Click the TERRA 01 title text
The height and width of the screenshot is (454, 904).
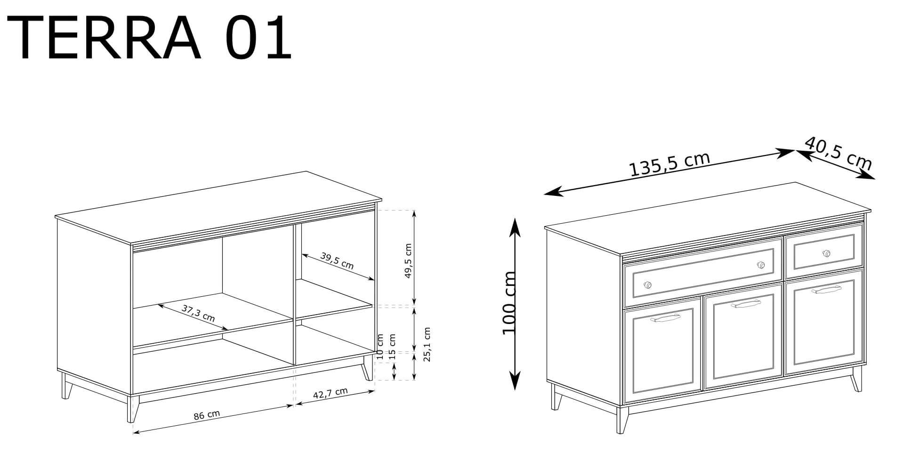[x=150, y=38]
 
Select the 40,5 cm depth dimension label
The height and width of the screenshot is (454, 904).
[x=838, y=154]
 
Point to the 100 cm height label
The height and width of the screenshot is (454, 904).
[x=509, y=302]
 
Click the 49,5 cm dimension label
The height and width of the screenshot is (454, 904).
[x=408, y=260]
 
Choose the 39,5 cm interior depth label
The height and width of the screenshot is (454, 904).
[x=337, y=260]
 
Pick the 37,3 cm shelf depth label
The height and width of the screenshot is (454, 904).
[x=198, y=313]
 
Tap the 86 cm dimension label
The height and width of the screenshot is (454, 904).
[x=207, y=415]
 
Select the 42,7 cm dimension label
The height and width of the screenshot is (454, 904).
[x=331, y=394]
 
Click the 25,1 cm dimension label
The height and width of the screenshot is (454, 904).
[x=427, y=344]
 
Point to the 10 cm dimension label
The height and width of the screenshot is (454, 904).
[x=380, y=344]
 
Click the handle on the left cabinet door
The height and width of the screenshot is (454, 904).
[x=665, y=320]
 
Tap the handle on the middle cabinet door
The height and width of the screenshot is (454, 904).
[x=746, y=304]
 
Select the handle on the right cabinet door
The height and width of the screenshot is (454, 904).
[x=827, y=290]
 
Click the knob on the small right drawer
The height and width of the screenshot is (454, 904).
[x=826, y=253]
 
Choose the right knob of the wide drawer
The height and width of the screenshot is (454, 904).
[x=760, y=265]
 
